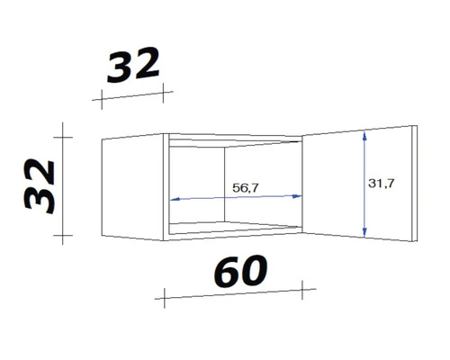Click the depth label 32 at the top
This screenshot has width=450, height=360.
click(x=134, y=66)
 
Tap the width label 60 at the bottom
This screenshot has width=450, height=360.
click(x=240, y=269)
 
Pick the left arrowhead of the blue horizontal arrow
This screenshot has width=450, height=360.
click(x=173, y=200)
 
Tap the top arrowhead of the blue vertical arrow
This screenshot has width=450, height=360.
click(x=364, y=134)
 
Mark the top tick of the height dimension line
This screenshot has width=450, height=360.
click(x=62, y=136)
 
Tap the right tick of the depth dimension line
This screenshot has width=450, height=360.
click(x=166, y=90)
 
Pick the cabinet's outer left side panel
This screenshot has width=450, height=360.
click(x=135, y=189)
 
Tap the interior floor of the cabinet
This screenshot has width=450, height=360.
click(x=234, y=227)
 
